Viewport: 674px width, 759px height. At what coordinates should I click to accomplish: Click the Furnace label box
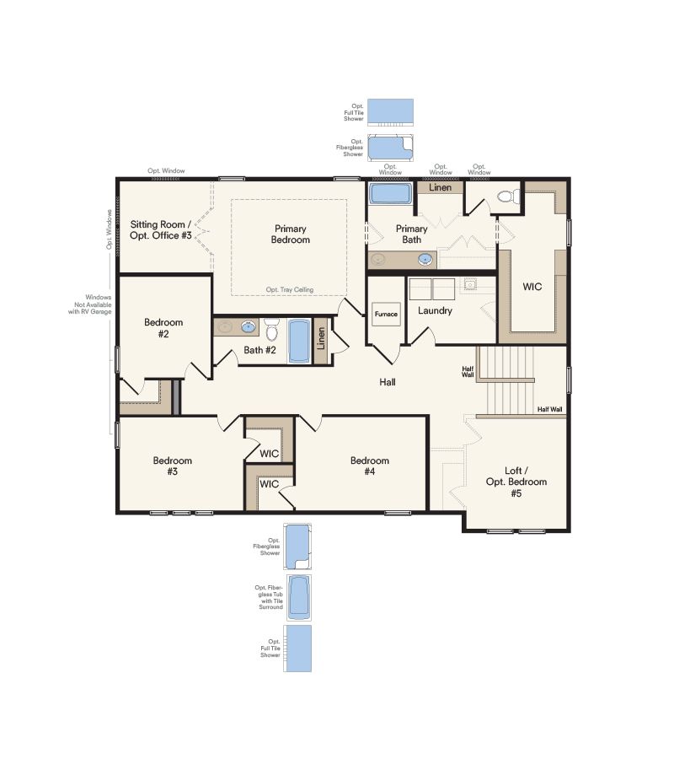click(x=386, y=314)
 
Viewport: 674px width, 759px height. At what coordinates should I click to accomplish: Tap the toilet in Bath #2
click(x=271, y=328)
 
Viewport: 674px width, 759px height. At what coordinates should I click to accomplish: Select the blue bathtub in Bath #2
click(x=300, y=340)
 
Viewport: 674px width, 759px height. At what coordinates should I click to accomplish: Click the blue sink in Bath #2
click(x=249, y=326)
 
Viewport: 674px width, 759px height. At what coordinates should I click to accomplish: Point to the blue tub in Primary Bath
click(x=390, y=193)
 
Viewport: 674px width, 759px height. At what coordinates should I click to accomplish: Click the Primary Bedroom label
click(x=291, y=234)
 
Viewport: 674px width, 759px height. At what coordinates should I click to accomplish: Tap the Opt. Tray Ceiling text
click(x=289, y=289)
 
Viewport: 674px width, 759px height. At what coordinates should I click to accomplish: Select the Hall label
click(x=387, y=382)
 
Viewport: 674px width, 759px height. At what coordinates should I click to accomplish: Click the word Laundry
click(x=435, y=310)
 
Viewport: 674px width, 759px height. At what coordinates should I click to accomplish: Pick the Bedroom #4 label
click(x=370, y=466)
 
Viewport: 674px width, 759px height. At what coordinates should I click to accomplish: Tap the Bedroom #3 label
click(x=172, y=466)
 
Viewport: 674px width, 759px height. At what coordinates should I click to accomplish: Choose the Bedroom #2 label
click(x=163, y=327)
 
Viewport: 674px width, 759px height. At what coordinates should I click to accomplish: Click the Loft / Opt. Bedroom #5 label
click(x=516, y=482)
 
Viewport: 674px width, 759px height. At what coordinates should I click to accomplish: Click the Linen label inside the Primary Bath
click(x=440, y=187)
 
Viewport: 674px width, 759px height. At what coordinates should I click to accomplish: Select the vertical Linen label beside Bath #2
click(x=320, y=340)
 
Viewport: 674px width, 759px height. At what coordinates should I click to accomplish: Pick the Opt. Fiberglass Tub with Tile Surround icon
click(x=298, y=595)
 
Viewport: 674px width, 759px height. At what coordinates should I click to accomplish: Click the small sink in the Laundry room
click(x=470, y=284)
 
